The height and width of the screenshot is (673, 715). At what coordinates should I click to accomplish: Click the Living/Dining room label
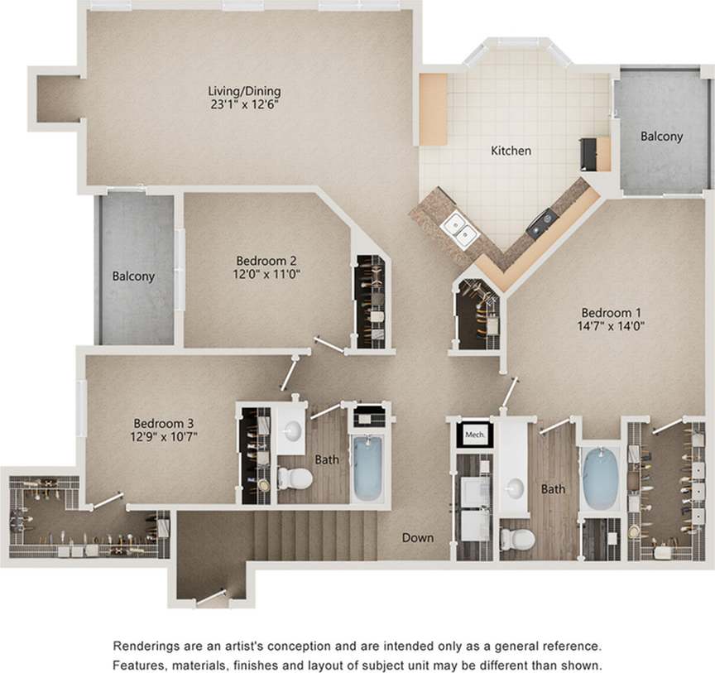coord(244,91)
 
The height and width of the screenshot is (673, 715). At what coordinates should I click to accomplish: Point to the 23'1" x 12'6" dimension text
coord(244,105)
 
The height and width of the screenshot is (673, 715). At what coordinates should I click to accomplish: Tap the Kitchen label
coord(511,151)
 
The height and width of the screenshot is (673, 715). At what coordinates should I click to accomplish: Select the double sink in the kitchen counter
coord(459,229)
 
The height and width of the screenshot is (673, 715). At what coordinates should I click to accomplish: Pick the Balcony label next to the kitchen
coord(661,137)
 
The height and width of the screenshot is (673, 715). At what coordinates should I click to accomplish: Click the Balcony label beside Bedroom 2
coord(133,276)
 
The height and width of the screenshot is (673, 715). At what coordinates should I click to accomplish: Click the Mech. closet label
coord(474,434)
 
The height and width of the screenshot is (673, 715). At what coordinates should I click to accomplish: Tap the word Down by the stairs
coord(418,537)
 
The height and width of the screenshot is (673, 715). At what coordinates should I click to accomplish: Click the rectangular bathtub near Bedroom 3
coord(368,468)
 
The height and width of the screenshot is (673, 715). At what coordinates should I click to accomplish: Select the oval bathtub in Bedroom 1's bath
coord(599,478)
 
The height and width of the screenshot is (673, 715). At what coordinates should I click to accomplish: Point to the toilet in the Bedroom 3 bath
coord(295,478)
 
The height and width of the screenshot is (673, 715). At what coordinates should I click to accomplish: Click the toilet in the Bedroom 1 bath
coord(517,538)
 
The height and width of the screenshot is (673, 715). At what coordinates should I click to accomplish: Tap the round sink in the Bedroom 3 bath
coord(291,430)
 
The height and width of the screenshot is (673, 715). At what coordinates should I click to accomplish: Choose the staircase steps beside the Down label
coord(314,534)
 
